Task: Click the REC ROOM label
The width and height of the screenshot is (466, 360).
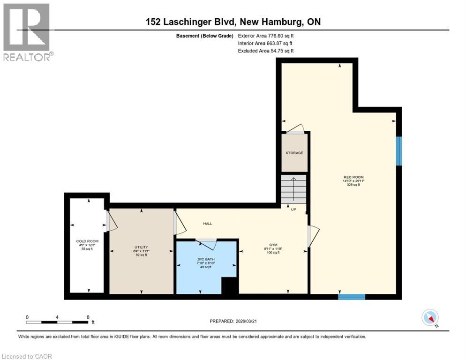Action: tap(353, 177)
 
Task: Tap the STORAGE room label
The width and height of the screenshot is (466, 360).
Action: tap(294, 153)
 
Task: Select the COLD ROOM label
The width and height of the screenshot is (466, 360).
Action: tap(87, 241)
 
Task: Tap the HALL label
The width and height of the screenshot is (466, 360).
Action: tap(207, 224)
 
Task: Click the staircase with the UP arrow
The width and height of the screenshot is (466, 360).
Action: tap(293, 190)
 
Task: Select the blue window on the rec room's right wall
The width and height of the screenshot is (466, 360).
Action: tap(398, 151)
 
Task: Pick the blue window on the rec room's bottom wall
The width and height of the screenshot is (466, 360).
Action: tap(352, 296)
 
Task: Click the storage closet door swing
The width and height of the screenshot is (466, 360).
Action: tap(295, 128)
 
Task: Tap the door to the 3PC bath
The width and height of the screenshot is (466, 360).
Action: tap(205, 242)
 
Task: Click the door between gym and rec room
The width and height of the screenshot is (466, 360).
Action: tap(312, 236)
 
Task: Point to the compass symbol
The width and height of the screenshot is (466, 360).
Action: tap(430, 318)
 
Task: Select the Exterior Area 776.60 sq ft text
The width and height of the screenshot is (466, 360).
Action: tap(266, 36)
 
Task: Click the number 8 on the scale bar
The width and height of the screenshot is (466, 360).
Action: tap(88, 317)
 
